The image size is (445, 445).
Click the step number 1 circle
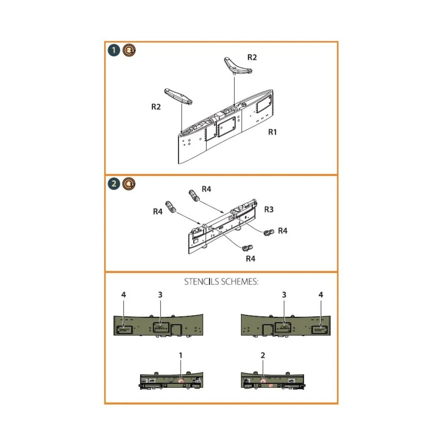pyautogui.click(x=114, y=50)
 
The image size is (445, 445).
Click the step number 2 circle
pyautogui.click(x=114, y=184)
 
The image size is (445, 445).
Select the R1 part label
pyautogui.click(x=273, y=132)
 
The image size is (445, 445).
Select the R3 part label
pyautogui.click(x=269, y=210)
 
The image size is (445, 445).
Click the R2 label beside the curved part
pyautogui.click(x=252, y=57)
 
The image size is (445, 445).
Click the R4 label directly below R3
pyautogui.click(x=283, y=231)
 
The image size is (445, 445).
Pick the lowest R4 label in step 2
pyautogui.click(x=251, y=259)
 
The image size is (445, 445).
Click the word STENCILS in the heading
pyautogui.click(x=202, y=282)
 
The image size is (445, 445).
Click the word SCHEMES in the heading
pyautogui.click(x=240, y=282)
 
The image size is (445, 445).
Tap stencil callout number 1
pyautogui.click(x=181, y=355)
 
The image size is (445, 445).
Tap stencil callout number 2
pyautogui.click(x=263, y=355)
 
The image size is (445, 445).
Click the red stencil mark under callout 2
pyautogui.click(x=263, y=380)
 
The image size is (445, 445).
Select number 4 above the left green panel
pyautogui.click(x=123, y=294)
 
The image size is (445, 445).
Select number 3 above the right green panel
pyautogui.click(x=284, y=294)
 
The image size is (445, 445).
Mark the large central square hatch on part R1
pyautogui.click(x=226, y=127)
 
